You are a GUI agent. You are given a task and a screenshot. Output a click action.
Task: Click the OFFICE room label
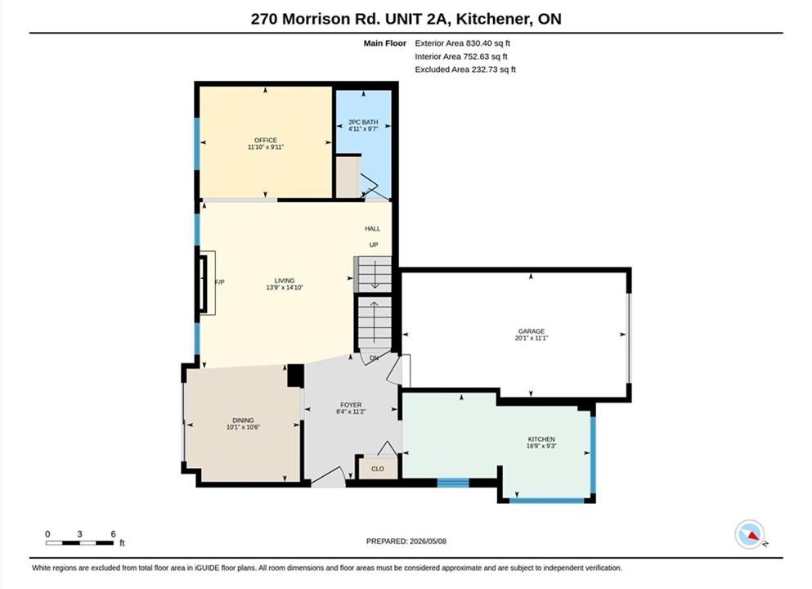[266, 140]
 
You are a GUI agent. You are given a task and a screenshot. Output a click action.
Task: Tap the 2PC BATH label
[363, 122]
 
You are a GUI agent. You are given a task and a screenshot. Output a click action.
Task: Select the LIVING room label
[285, 281]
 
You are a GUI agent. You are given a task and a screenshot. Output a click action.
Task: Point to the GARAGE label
[532, 331]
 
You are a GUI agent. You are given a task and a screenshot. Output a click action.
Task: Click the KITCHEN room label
[541, 439]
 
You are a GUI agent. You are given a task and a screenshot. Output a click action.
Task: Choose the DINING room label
[243, 420]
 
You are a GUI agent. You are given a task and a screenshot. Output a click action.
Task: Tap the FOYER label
[351, 405]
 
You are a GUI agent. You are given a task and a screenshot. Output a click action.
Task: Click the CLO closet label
[378, 469]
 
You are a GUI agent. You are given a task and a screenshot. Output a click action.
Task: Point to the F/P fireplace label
[220, 282]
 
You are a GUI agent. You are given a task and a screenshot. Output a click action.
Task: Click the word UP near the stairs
[374, 245]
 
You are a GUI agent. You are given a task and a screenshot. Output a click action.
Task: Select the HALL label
[372, 228]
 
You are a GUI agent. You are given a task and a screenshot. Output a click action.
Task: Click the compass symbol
[749, 535]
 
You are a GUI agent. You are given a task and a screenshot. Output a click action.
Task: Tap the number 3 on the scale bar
[80, 534]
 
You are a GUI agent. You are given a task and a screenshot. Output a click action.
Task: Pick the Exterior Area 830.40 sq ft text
[463, 43]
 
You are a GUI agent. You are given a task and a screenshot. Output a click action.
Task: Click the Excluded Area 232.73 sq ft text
[465, 70]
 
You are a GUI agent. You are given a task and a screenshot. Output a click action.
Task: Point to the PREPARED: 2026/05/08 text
[406, 542]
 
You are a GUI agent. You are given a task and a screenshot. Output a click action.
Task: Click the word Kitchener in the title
[492, 19]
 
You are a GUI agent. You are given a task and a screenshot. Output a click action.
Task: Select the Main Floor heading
[385, 43]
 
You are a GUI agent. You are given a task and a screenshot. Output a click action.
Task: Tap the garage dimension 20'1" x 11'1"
[532, 339]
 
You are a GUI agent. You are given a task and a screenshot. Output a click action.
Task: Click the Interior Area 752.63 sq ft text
[461, 56]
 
